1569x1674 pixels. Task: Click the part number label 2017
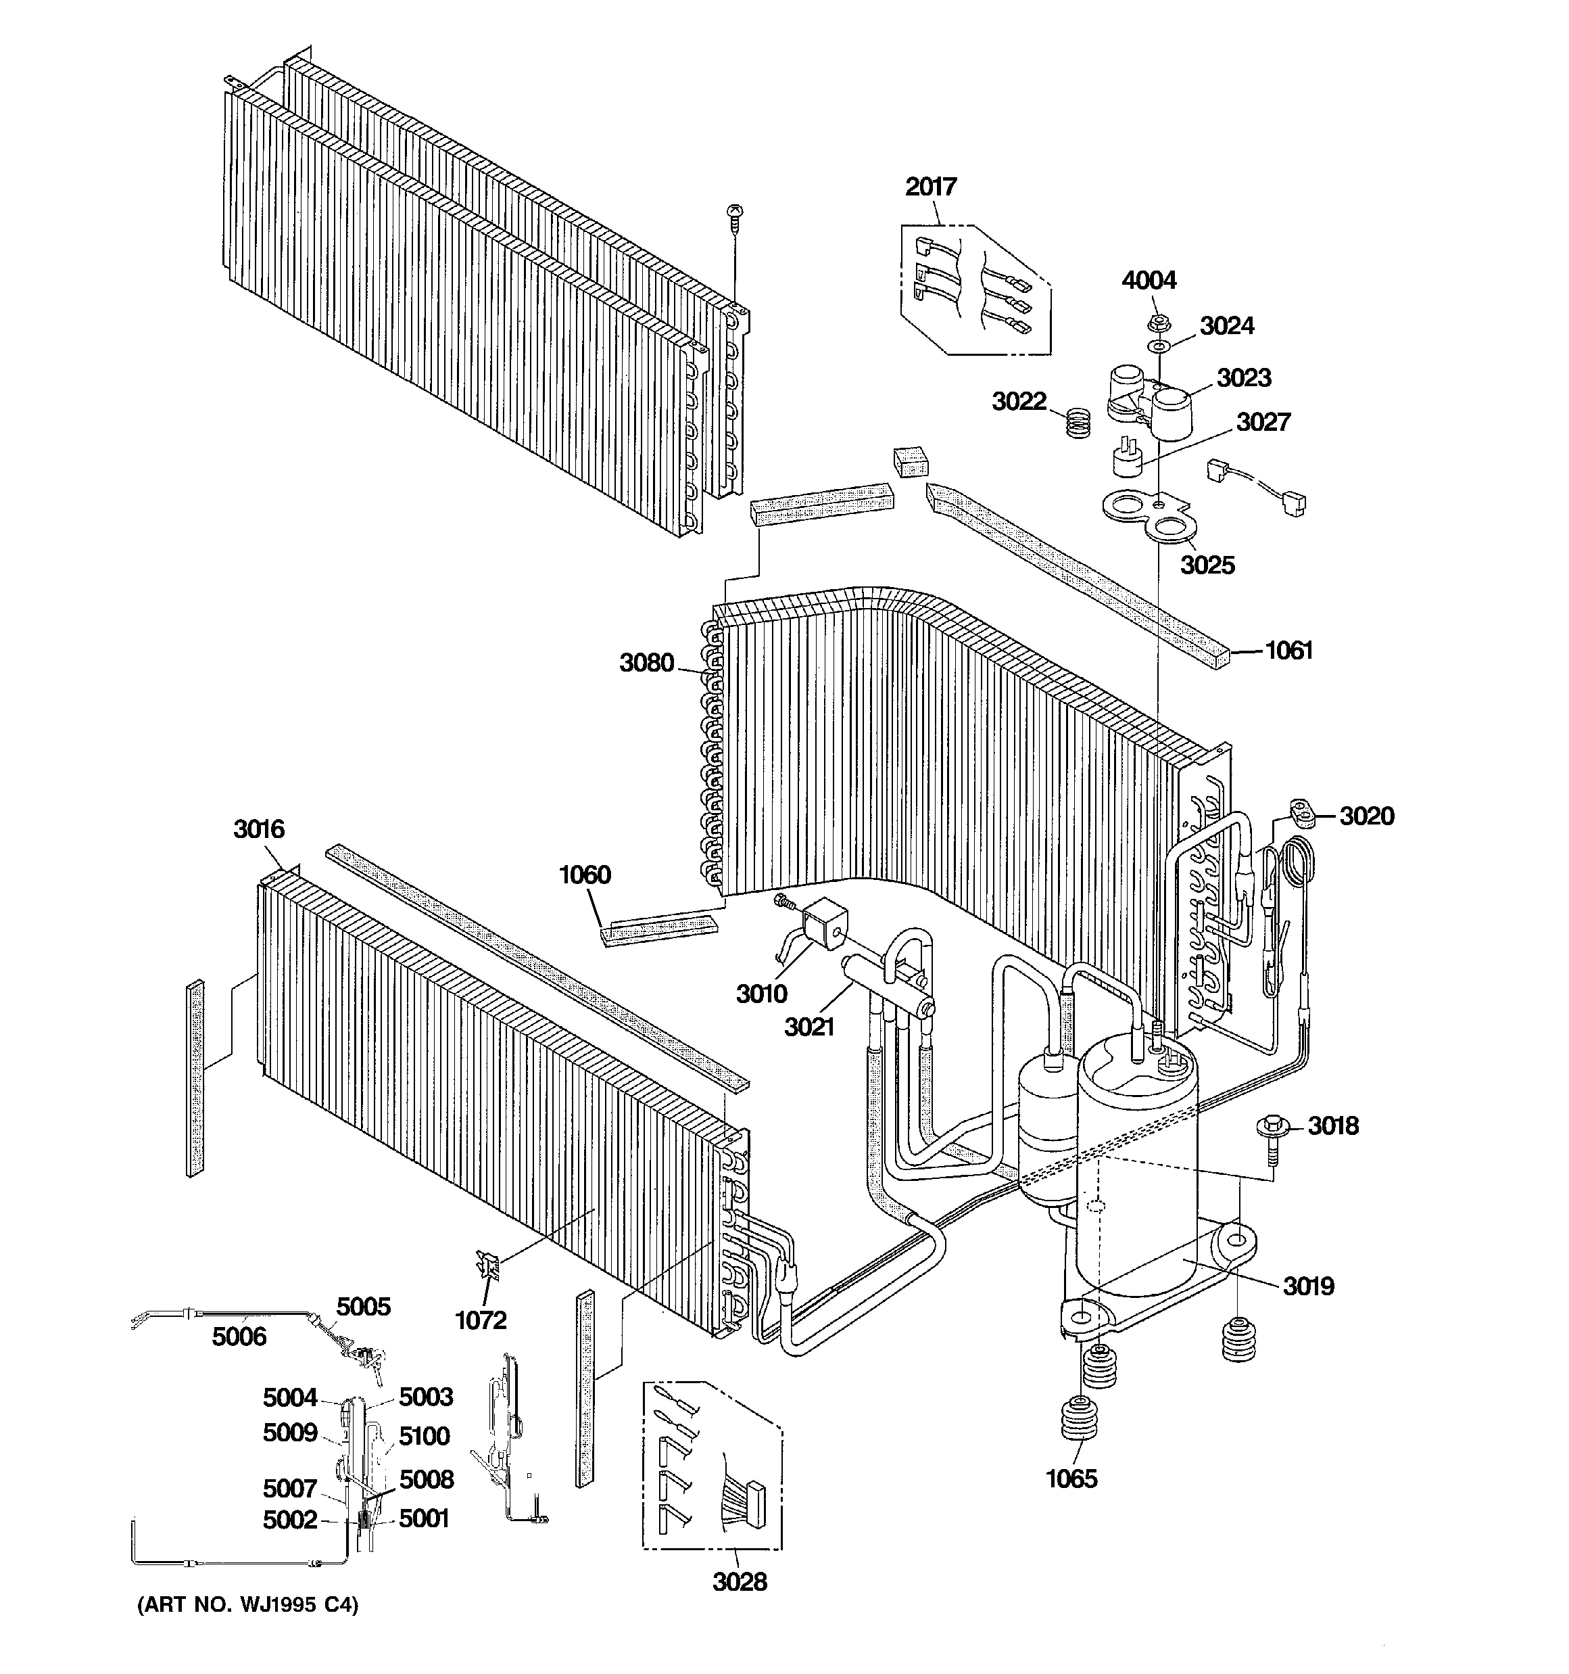click(931, 186)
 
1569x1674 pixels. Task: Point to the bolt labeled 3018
click(1271, 1128)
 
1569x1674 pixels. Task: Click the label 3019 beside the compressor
click(1309, 1286)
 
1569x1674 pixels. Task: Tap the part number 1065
click(1071, 1479)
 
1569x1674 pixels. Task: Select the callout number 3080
click(646, 664)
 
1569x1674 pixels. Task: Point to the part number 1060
click(585, 875)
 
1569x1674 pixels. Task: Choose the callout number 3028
click(740, 1582)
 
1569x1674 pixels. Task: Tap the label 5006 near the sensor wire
click(239, 1336)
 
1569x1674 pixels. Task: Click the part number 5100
click(425, 1436)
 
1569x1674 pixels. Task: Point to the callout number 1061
click(1288, 650)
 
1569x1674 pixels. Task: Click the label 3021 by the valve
click(809, 1027)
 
